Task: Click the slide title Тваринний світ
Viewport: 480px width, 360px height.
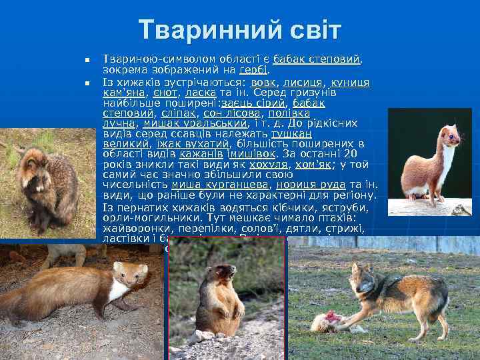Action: pos(240,30)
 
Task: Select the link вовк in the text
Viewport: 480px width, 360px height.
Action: pos(263,83)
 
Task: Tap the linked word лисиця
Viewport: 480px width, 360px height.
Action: pos(303,83)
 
